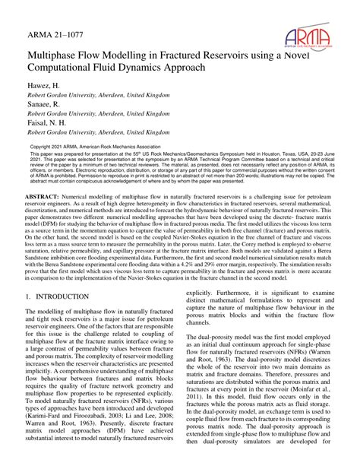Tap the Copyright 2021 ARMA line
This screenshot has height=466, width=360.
tap(84, 146)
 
